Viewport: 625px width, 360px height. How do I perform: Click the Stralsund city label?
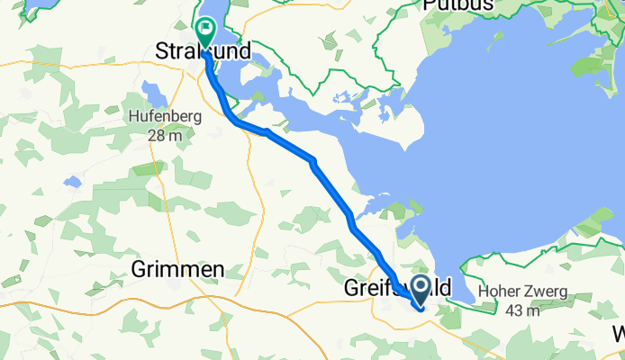click(x=203, y=50)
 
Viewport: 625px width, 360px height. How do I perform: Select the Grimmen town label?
click(x=177, y=268)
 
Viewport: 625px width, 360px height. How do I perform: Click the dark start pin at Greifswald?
click(x=421, y=293)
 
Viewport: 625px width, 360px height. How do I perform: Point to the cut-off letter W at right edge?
click(x=619, y=334)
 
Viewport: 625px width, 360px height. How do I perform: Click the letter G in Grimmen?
click(x=140, y=268)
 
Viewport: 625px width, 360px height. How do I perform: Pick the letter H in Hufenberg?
click(x=133, y=116)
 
